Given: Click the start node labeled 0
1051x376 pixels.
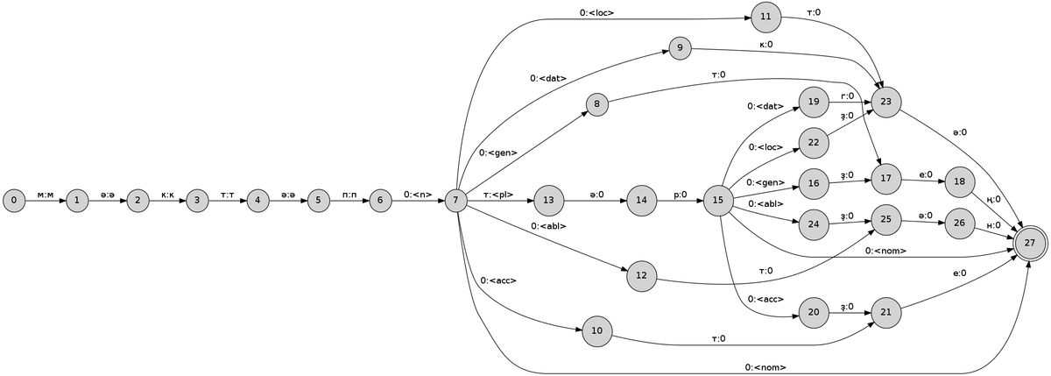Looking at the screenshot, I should coord(16,200).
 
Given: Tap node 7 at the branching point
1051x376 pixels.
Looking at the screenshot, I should coord(455,200).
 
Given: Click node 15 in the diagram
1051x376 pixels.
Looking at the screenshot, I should coord(718,200).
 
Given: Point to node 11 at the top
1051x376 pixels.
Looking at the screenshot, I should coord(765,17).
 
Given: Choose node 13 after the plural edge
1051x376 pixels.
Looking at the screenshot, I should coord(549,200).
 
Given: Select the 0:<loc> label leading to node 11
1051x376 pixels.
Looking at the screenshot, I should coord(596,12).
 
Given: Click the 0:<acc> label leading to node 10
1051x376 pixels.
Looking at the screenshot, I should coord(497,280).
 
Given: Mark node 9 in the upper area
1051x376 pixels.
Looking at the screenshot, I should coord(680,47).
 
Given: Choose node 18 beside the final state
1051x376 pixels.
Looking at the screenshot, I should coord(960,181).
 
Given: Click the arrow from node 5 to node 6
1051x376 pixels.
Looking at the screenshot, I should coord(349,200).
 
